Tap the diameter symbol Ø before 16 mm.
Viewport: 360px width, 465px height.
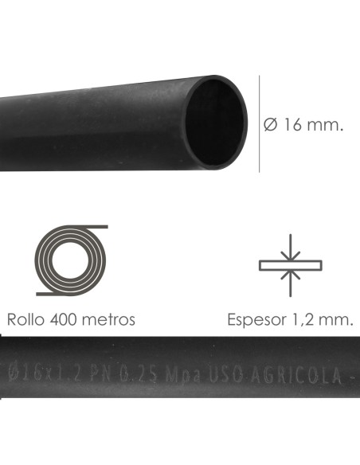coord(269,126)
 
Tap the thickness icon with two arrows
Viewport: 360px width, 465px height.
coord(291,264)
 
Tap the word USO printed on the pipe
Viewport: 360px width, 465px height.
coord(223,372)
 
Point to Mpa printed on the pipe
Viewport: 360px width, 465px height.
coord(182,372)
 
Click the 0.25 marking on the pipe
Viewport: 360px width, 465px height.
coord(140,372)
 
